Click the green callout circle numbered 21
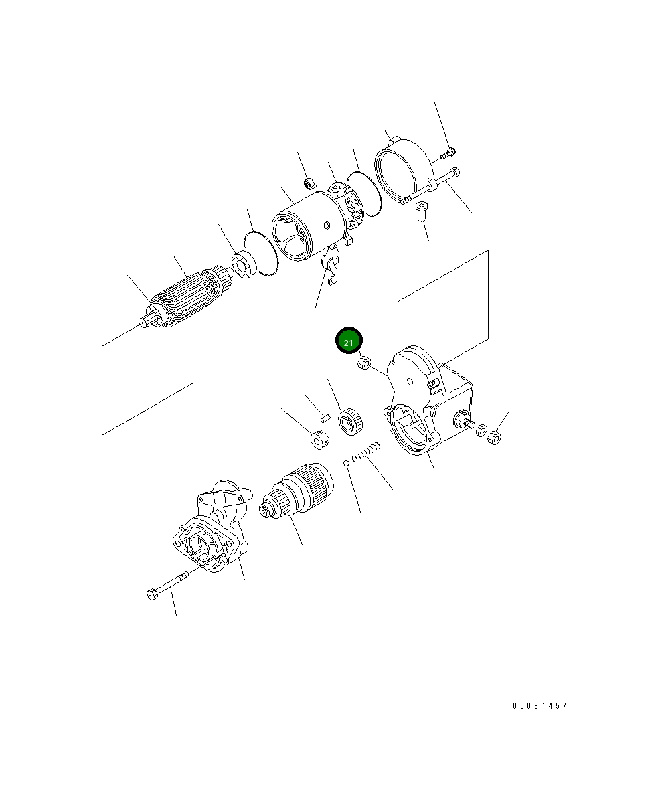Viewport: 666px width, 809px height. [349, 340]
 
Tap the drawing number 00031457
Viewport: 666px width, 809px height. [539, 705]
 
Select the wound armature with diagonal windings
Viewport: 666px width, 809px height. [187, 297]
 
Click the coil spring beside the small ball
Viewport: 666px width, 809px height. [366, 452]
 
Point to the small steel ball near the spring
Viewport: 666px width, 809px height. [346, 462]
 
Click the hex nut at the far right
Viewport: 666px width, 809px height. [495, 438]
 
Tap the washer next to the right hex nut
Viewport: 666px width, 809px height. [482, 430]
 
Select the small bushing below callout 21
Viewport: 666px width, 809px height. [364, 363]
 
